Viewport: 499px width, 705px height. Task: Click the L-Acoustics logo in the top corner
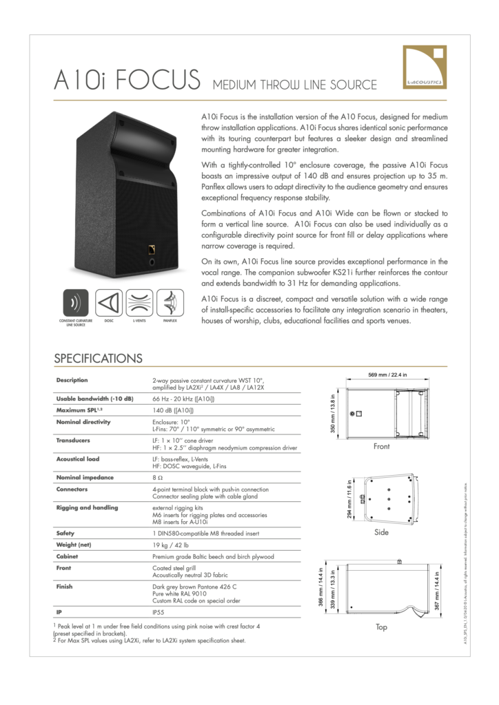[424, 67]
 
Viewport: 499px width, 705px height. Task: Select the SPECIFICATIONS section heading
[98, 358]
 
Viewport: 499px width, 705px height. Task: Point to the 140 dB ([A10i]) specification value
[173, 410]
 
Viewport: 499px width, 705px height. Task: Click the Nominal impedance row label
[83, 476]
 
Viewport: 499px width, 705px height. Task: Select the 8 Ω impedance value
[157, 476]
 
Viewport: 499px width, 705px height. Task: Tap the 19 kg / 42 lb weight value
[170, 544]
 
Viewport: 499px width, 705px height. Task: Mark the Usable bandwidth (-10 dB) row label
[94, 398]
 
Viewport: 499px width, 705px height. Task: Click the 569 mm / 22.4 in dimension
[387, 375]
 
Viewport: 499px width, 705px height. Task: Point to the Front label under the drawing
[381, 447]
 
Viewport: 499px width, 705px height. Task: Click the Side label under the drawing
[381, 532]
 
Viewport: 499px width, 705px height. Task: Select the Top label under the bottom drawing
[381, 627]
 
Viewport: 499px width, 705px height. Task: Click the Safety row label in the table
[66, 532]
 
